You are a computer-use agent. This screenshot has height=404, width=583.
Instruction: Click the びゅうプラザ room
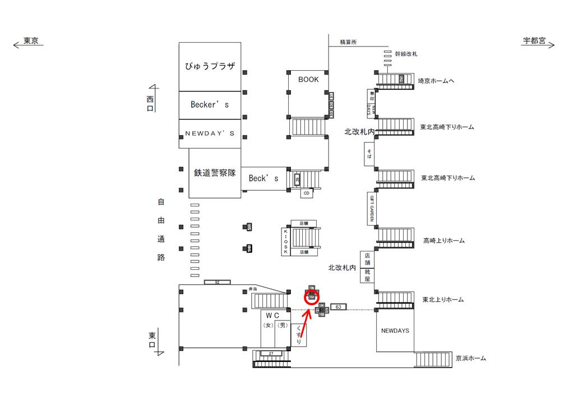210,66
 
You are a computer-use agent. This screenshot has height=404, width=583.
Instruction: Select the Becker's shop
210,104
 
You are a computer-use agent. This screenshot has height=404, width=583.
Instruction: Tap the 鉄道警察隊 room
216,173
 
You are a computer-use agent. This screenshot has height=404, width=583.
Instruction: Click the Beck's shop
263,178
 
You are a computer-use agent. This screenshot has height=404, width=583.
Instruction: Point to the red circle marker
312,297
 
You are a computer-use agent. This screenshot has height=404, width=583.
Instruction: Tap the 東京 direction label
30,42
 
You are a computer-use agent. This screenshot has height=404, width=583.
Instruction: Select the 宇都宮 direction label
534,42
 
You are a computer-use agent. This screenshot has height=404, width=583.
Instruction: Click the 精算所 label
348,42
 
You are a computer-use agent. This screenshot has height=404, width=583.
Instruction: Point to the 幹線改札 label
406,54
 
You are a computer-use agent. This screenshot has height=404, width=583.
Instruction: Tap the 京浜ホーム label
471,358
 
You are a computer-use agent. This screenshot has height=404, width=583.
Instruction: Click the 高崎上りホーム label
444,241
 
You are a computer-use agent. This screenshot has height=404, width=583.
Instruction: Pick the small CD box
306,194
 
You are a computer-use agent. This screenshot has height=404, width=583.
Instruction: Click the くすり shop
298,334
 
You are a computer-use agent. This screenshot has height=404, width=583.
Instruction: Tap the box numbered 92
217,282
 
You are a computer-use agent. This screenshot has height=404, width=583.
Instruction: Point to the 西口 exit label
150,103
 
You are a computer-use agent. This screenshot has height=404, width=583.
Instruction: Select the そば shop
369,154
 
